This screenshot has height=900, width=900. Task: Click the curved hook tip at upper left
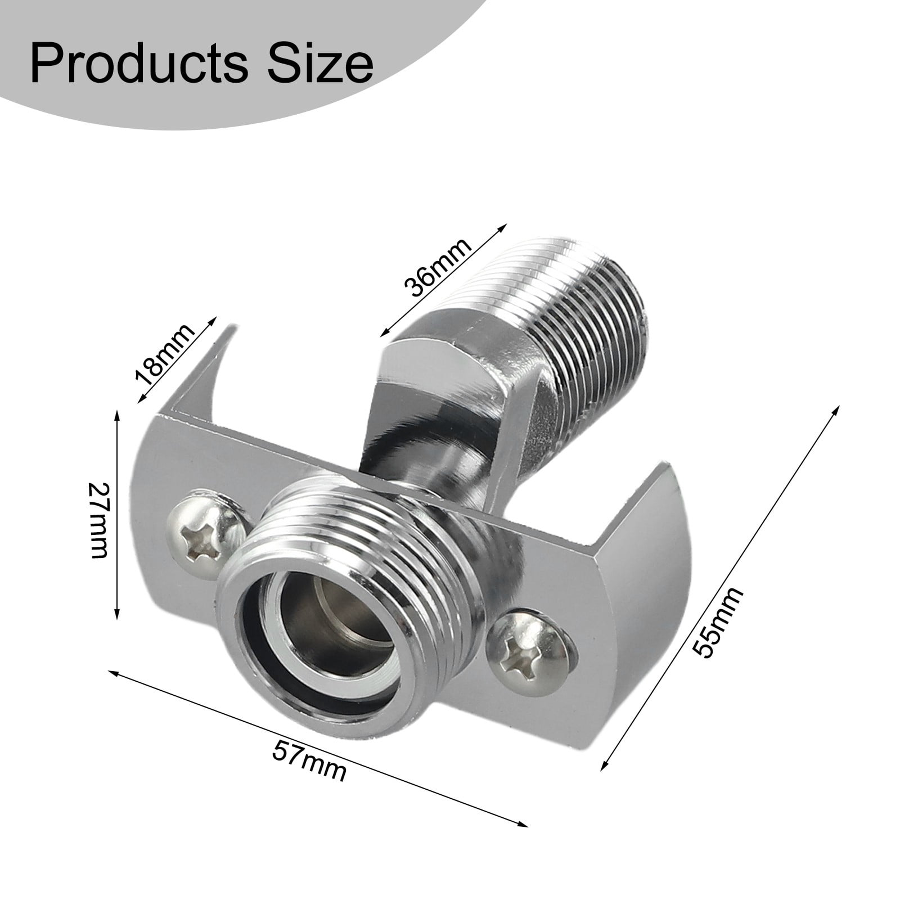(x=228, y=332)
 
